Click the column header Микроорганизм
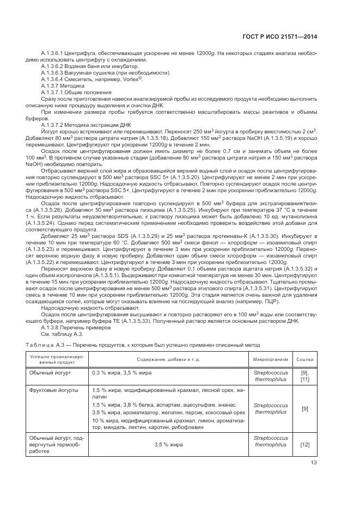[270, 360]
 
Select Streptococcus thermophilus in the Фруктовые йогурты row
[270, 409]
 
